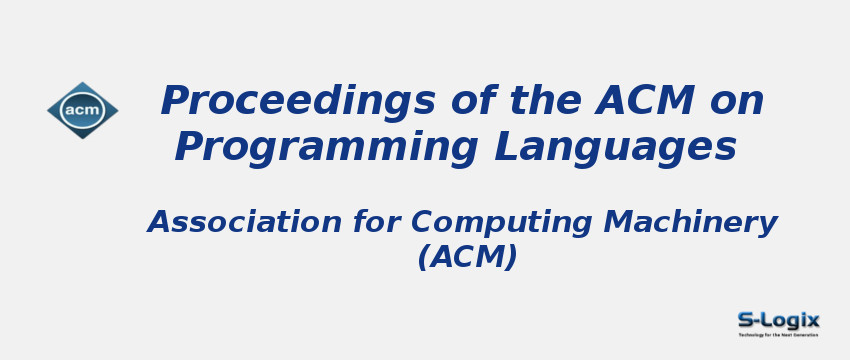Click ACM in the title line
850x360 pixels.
pos(646,101)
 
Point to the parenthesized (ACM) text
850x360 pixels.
pos(467,257)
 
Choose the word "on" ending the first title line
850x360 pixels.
pos(737,102)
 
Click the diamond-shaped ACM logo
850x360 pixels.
pos(83,110)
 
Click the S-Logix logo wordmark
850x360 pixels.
pos(779,320)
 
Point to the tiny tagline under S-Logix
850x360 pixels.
pos(779,334)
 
